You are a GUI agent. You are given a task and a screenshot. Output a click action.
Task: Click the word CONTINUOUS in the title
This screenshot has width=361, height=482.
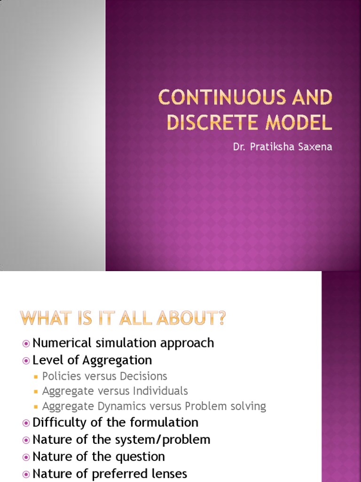[x=222, y=98]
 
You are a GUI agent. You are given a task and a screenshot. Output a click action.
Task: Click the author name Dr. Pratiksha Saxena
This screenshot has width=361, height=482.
[x=283, y=147]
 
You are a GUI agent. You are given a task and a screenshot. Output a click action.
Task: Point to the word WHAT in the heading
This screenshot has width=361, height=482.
[x=44, y=319]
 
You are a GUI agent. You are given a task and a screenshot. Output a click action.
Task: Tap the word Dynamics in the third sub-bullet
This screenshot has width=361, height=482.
[x=113, y=406]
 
